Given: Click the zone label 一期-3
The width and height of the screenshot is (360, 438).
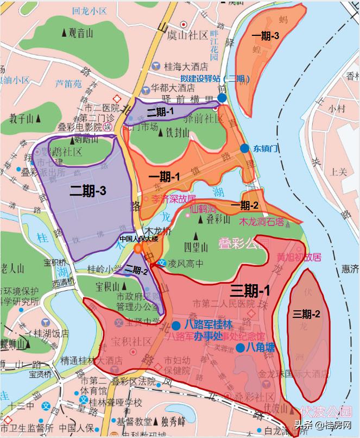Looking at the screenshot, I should [x=266, y=36].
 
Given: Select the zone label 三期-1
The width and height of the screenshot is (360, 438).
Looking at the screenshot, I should [x=250, y=290].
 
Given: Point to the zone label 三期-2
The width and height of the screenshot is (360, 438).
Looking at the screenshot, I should [x=307, y=314].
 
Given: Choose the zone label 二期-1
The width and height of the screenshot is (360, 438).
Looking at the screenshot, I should [x=160, y=111].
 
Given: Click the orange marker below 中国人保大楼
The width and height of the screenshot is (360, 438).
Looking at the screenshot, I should [x=138, y=248].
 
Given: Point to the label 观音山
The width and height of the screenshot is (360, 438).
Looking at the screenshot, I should [x=78, y=33].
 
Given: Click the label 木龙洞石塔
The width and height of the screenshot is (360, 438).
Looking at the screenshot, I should [x=262, y=222].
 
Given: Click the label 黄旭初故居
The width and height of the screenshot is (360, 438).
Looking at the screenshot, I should [x=299, y=256].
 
